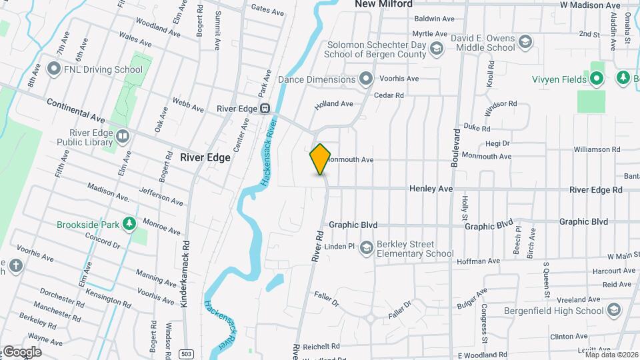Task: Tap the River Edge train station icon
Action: click(x=265, y=109)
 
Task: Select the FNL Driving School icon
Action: click(x=54, y=69)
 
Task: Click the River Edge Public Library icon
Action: click(x=122, y=137)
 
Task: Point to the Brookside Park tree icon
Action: click(x=129, y=224)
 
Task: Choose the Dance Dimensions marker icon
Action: click(x=365, y=79)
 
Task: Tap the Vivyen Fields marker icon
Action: click(x=597, y=79)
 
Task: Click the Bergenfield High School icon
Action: click(x=614, y=310)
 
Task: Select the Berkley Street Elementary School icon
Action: click(x=365, y=249)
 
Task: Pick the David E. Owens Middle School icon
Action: click(x=525, y=43)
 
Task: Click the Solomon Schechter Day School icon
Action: click(x=436, y=47)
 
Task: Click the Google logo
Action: click(x=22, y=352)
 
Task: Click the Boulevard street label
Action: click(x=457, y=149)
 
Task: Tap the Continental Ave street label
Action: click(x=76, y=110)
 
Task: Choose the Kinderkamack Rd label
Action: click(x=185, y=273)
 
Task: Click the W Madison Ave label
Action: click(x=590, y=5)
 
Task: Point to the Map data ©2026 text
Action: click(x=611, y=355)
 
